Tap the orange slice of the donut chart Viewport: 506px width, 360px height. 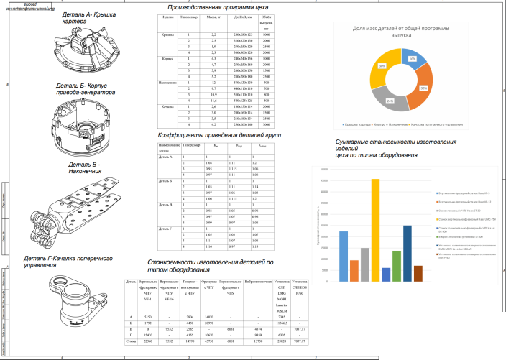pyautogui.click(x=420, y=88)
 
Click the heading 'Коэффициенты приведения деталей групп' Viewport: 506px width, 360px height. pyautogui.click(x=208, y=135)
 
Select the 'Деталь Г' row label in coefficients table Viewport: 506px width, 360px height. pyautogui.click(x=165, y=227)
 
